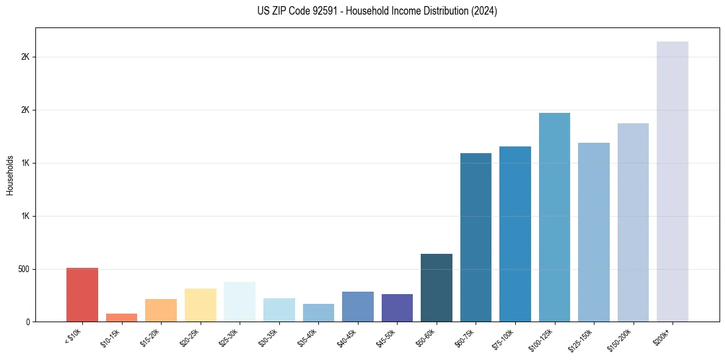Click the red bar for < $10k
[82, 295]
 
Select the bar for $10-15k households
[121, 317]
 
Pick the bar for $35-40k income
[318, 312]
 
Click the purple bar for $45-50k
[397, 308]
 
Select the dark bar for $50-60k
[437, 287]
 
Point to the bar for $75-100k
[515, 234]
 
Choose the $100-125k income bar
[554, 217]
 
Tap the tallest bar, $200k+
[673, 181]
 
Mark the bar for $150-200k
[633, 222]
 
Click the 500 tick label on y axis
[24, 269]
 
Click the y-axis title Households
[10, 175]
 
